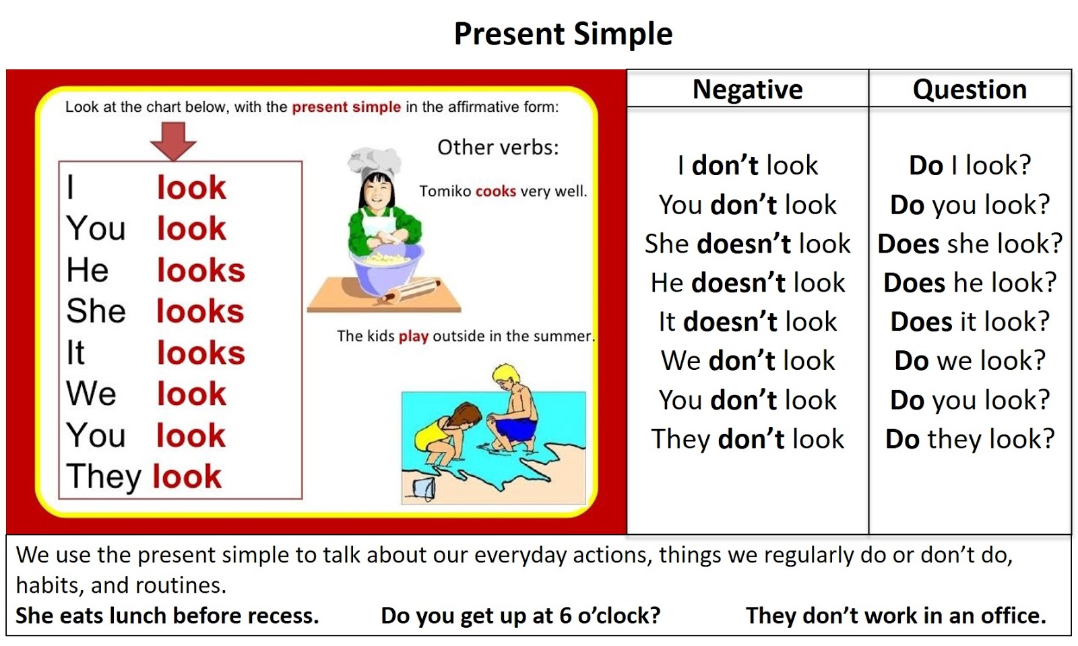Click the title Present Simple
(563, 34)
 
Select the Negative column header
(747, 90)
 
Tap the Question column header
(970, 90)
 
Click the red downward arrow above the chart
(173, 141)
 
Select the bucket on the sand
(424, 489)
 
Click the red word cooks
(496, 191)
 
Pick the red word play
(414, 337)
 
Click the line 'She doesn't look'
(747, 244)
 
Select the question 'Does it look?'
(970, 322)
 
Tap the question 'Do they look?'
(970, 439)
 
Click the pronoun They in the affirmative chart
(104, 477)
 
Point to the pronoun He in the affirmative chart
(88, 270)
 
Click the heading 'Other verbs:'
(498, 148)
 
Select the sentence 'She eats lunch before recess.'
(167, 616)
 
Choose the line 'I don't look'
(747, 166)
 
